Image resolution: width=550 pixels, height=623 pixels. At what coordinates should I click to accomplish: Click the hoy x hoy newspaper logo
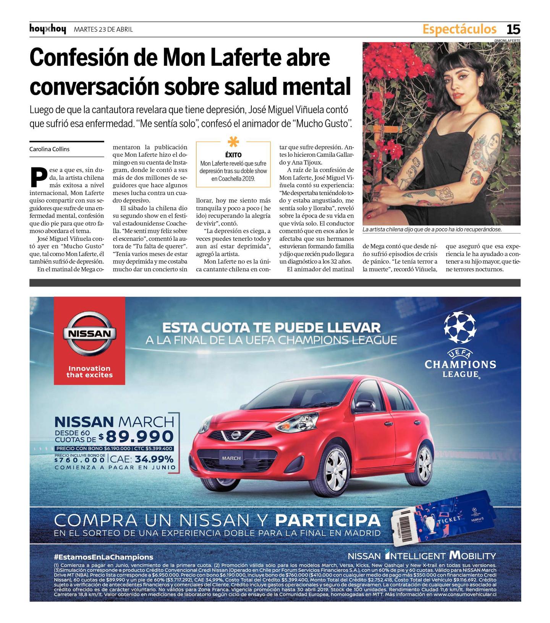(x=48, y=29)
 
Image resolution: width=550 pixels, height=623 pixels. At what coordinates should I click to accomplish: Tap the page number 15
(x=513, y=29)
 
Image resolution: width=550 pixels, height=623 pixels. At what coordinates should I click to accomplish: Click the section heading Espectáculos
(x=459, y=29)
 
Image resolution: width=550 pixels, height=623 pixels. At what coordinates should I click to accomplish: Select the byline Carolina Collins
(x=49, y=149)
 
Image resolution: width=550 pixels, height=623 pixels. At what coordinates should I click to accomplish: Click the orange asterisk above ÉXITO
(x=233, y=142)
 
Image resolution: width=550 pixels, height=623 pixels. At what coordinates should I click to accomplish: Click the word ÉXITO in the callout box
(x=233, y=155)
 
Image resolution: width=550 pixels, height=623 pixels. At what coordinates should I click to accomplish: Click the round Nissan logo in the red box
(x=89, y=334)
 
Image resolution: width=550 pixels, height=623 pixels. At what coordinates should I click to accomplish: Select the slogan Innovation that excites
(x=89, y=372)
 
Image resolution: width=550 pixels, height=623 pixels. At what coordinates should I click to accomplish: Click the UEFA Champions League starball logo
(x=460, y=328)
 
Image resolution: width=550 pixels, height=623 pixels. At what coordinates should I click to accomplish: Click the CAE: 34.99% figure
(x=142, y=459)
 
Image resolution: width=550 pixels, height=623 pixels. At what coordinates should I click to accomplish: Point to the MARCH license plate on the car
(x=231, y=458)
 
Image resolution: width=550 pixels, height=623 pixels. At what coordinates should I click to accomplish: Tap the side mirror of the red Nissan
(x=364, y=405)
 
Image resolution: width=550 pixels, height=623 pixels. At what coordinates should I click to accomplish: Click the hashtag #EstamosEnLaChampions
(x=104, y=557)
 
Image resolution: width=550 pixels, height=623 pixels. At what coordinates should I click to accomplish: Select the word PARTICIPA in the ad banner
(x=327, y=520)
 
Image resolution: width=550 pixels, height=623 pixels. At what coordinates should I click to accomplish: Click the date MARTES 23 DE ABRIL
(x=103, y=29)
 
